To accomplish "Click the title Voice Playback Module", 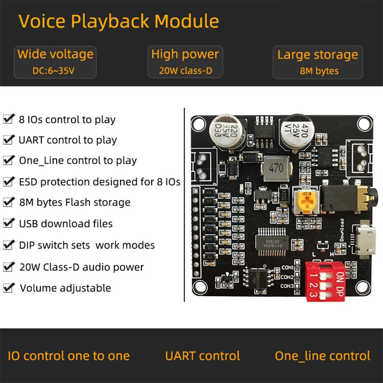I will pyautogui.click(x=119, y=21).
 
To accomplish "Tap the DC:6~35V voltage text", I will pyautogui.click(x=55, y=71).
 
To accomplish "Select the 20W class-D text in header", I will pyautogui.click(x=185, y=71).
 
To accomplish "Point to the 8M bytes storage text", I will pyautogui.click(x=319, y=71).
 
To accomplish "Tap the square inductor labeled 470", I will pyautogui.click(x=276, y=168).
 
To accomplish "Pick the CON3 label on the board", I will pyautogui.click(x=287, y=286).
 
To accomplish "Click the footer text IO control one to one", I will pyautogui.click(x=69, y=356).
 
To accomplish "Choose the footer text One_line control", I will pyautogui.click(x=322, y=356).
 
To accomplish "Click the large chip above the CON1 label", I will pyautogui.click(x=272, y=240).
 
